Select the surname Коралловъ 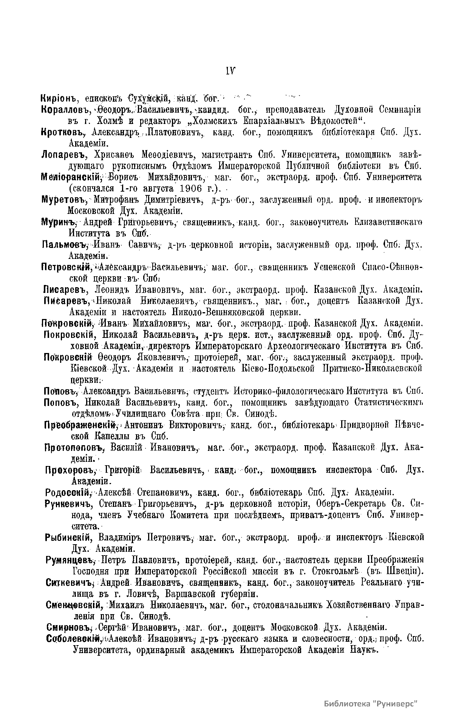pyautogui.click(x=65, y=110)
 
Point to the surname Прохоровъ pyautogui.click(x=70, y=471)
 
